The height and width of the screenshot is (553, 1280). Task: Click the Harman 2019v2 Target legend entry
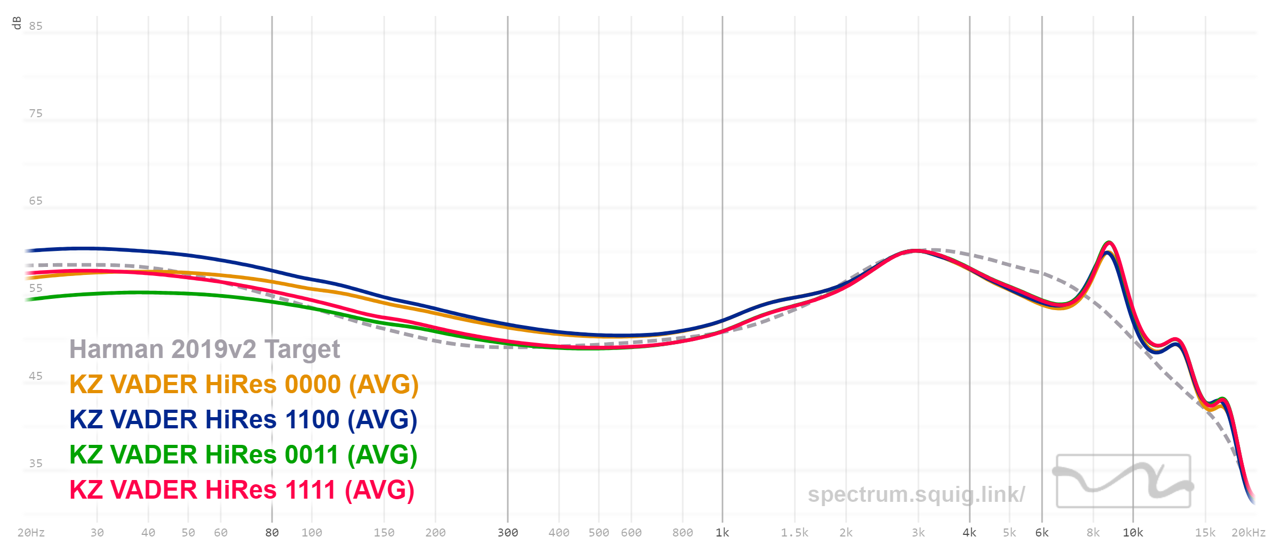click(204, 349)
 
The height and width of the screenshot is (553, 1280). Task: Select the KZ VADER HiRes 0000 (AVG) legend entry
click(244, 385)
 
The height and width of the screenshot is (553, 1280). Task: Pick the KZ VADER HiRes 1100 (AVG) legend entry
click(243, 420)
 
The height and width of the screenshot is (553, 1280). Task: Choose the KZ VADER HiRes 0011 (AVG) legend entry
click(243, 455)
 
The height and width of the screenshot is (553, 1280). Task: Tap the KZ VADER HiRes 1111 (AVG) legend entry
click(242, 490)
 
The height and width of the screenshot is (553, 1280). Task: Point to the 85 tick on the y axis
click(36, 26)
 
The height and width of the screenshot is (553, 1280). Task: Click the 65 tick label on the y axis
click(36, 201)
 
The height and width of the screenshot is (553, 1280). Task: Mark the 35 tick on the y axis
click(36, 463)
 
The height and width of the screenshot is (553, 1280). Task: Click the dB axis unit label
click(17, 23)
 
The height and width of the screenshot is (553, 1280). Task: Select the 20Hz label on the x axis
click(31, 533)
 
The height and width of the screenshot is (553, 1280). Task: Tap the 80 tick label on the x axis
click(272, 533)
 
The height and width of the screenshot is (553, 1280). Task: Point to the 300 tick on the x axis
click(508, 533)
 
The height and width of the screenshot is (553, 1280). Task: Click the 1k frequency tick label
click(723, 533)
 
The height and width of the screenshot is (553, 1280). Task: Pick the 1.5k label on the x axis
click(795, 533)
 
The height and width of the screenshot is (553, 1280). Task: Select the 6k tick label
click(1042, 533)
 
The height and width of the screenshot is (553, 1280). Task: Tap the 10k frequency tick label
click(1133, 533)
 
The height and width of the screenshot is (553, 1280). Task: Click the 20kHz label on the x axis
click(1249, 533)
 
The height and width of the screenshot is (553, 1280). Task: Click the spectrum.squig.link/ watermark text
click(916, 494)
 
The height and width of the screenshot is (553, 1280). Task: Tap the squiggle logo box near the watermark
click(1124, 481)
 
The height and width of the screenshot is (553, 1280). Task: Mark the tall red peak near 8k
click(1109, 243)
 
